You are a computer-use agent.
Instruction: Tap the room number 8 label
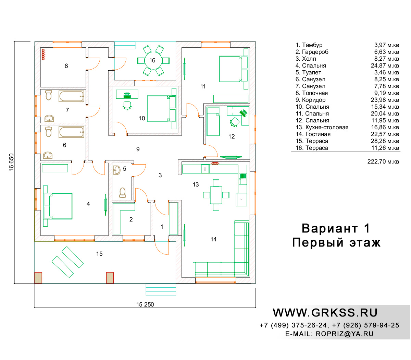point(66,66)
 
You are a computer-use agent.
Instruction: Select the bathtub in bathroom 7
point(71,96)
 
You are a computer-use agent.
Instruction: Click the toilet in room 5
point(122,193)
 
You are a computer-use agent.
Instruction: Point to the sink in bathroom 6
point(48,155)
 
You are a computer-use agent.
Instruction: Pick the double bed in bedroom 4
point(58,206)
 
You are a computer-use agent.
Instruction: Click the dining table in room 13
point(216,195)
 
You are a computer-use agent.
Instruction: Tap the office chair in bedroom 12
point(234,122)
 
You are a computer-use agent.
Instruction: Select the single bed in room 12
point(213,121)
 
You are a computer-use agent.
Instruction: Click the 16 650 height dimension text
point(11,162)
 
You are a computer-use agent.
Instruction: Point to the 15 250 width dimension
point(145,304)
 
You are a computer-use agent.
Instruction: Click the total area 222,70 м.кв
point(383,162)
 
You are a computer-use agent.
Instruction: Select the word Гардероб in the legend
point(315,52)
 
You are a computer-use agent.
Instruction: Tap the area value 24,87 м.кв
point(385,65)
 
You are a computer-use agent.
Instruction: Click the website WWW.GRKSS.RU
point(325,313)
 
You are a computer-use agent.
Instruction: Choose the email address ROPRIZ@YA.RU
point(345,334)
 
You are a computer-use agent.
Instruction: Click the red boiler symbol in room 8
point(43,54)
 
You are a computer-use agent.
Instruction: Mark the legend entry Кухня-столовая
point(327,127)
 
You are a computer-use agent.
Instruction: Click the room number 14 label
point(213,239)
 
